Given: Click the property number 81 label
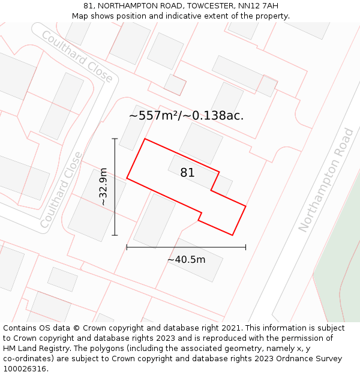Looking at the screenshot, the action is click(187, 173).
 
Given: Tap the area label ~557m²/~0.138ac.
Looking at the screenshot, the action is click(186, 116).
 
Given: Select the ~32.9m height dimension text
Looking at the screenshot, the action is click(104, 187).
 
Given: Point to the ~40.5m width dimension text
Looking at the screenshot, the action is click(186, 259).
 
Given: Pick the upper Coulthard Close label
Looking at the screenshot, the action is click(77, 56).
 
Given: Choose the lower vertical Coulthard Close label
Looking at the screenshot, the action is click(61, 190).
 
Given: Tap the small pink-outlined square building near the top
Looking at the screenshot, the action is click(175, 85).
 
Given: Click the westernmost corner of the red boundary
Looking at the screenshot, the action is click(127, 178).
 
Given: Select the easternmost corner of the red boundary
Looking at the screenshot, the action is click(246, 206).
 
